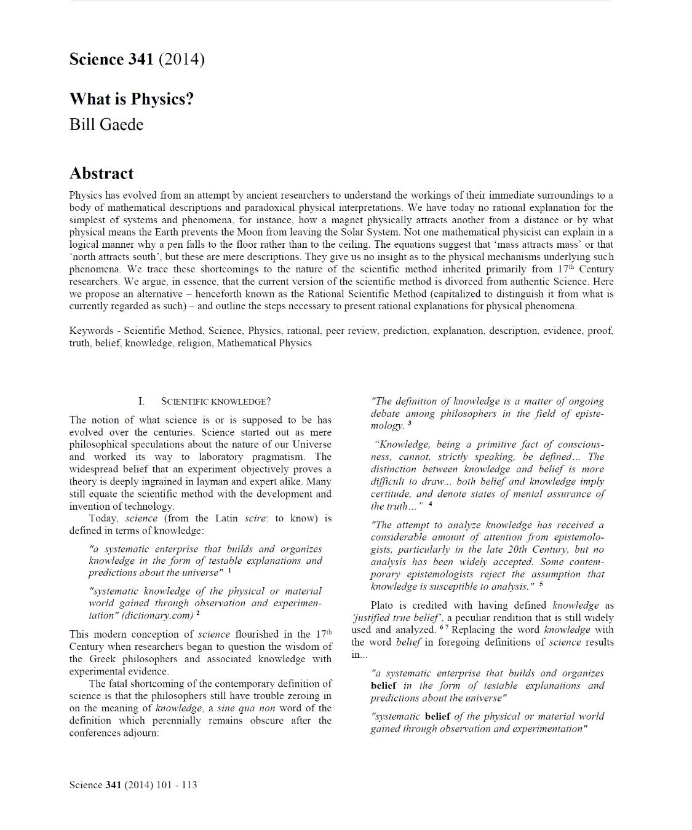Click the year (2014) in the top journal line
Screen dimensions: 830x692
[181, 59]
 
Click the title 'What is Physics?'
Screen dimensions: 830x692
[132, 98]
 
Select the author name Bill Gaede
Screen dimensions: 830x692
[106, 124]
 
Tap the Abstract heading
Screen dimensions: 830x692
[101, 173]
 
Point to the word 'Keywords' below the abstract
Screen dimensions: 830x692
[91, 331]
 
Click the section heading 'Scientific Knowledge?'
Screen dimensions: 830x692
[215, 401]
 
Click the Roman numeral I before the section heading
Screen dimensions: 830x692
[141, 401]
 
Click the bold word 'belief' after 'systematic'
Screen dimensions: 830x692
[437, 716]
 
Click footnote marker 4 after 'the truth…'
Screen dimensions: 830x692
[431, 504]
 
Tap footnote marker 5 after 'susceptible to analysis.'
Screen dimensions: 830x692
[541, 584]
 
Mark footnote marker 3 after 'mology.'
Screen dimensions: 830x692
[410, 423]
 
